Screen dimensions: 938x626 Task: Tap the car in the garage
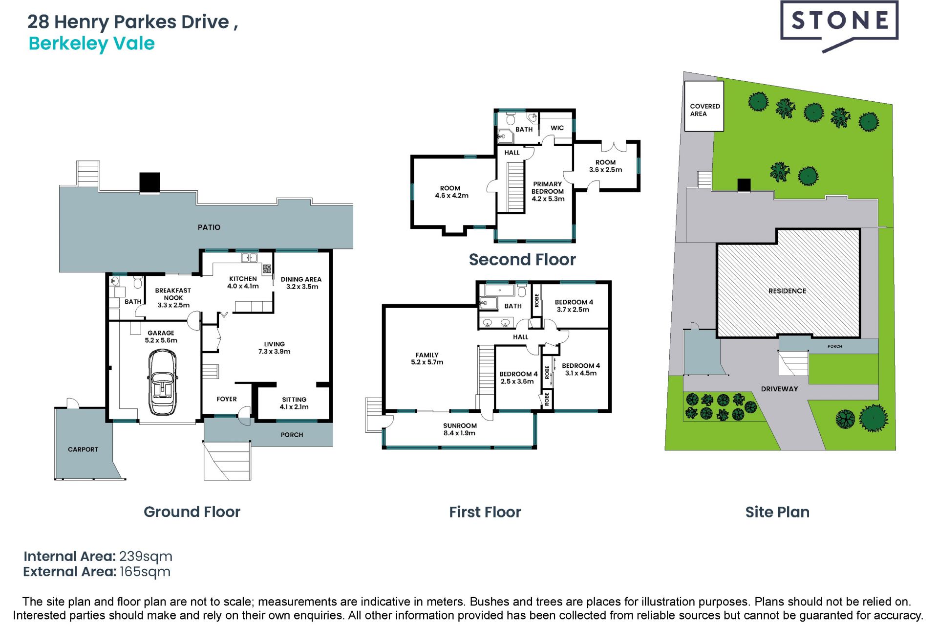click(163, 382)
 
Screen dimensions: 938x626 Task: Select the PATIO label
click(209, 227)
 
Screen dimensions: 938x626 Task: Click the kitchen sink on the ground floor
click(249, 258)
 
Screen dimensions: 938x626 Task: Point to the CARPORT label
click(83, 449)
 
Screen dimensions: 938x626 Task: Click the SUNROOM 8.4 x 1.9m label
click(460, 429)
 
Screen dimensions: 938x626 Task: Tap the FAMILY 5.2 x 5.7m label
click(427, 358)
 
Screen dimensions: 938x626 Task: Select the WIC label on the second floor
click(557, 128)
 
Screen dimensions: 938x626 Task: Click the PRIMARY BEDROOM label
click(548, 191)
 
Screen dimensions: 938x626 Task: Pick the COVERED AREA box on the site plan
click(704, 106)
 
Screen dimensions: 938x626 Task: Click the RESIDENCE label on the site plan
click(787, 291)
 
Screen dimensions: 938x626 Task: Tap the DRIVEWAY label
click(779, 389)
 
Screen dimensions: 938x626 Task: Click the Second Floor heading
click(522, 259)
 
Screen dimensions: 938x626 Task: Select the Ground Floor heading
click(192, 512)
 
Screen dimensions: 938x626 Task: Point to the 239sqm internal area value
click(146, 557)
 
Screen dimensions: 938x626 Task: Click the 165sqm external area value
click(145, 572)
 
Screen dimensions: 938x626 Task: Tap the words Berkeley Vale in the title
click(92, 44)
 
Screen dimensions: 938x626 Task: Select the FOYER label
click(227, 399)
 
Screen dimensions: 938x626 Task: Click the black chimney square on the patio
click(150, 182)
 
